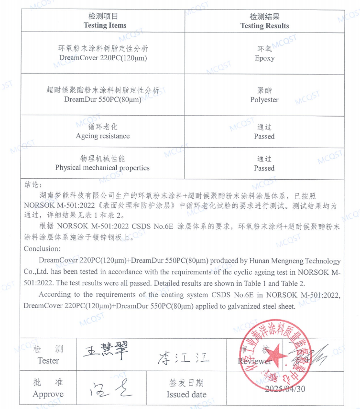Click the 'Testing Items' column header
click(x=105, y=25)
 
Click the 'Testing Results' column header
click(x=264, y=26)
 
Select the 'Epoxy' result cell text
click(x=264, y=58)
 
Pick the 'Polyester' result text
click(x=264, y=100)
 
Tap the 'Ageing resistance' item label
click(x=102, y=136)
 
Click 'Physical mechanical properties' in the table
click(x=102, y=168)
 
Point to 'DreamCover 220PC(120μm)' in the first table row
click(x=103, y=58)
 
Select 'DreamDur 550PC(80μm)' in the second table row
click(x=103, y=100)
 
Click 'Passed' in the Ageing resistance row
click(x=264, y=136)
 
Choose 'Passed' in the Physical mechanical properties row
click(x=264, y=168)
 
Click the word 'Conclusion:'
click(x=42, y=248)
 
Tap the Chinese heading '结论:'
click(x=33, y=184)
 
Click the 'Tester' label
click(x=48, y=361)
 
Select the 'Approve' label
click(x=48, y=394)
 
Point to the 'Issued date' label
click(x=186, y=395)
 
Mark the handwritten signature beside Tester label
click(x=104, y=354)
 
